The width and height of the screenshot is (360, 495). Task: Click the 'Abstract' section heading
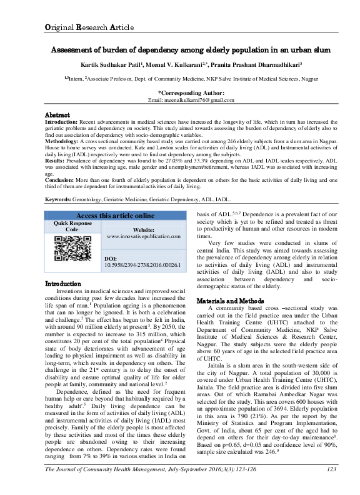pyautogui.click(x=59, y=116)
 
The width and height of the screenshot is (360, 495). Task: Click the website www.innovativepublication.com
pyautogui.click(x=143, y=237)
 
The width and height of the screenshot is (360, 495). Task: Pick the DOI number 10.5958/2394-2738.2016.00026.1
pyautogui.click(x=143, y=265)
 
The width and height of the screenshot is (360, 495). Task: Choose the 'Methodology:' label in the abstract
pyautogui.click(x=65, y=142)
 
